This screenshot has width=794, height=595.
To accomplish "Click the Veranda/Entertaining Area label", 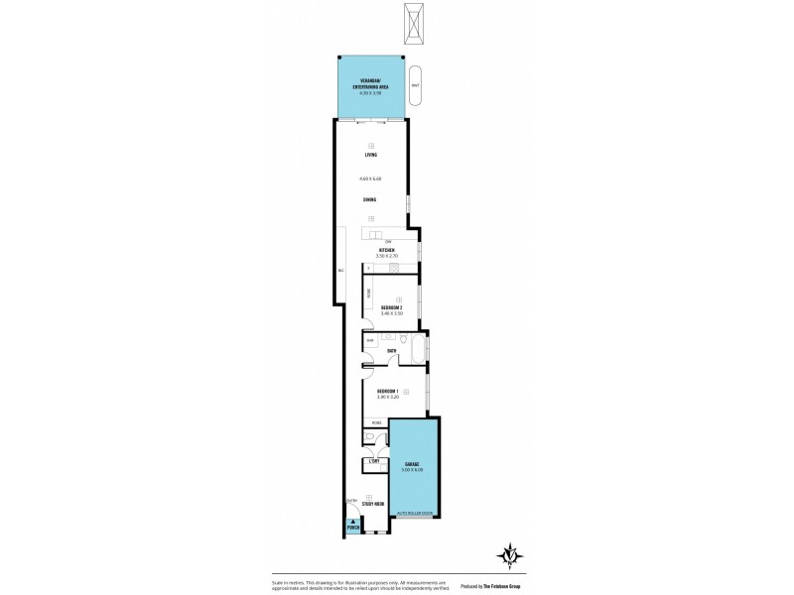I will click(370, 84).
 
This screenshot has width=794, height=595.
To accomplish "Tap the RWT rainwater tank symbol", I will click(416, 85).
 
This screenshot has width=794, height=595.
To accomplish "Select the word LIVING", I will click(371, 155).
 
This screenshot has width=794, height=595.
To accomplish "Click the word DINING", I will click(369, 199).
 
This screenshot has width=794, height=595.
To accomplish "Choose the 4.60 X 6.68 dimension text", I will click(370, 178).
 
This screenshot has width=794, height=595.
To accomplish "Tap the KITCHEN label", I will click(373, 249).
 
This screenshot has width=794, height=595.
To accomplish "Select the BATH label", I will click(392, 350).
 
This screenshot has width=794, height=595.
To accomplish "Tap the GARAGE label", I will click(412, 463).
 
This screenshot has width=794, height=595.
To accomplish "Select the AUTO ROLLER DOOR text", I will click(413, 514).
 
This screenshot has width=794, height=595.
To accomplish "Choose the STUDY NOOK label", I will click(373, 505).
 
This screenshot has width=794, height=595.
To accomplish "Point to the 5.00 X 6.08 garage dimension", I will click(412, 470).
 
